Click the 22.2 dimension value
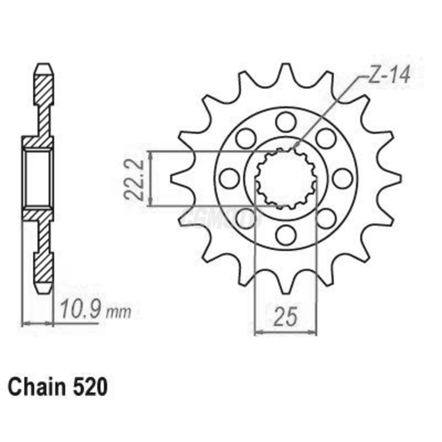pos(134,180)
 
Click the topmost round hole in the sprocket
pos(286,122)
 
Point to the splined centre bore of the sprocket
pos(286,179)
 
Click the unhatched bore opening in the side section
pos(37,179)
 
